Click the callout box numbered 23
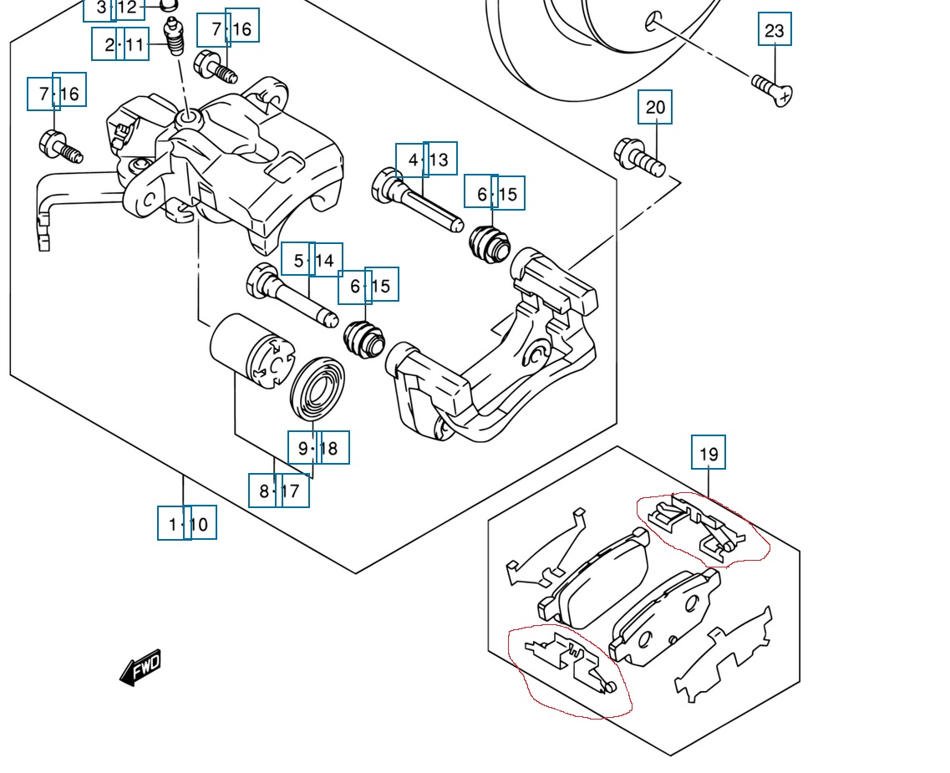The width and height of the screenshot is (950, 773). coord(775,30)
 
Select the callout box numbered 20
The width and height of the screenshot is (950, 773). coord(655,107)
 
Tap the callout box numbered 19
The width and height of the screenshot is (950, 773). coord(709,453)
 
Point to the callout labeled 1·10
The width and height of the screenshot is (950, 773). coord(187,524)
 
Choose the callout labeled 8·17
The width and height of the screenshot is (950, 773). coord(279,491)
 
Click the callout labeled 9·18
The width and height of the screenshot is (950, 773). coord(318,448)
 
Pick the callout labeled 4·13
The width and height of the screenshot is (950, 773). coord(426,159)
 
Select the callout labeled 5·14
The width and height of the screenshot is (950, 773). coord(312,261)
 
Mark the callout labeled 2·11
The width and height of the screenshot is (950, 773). coord(122,43)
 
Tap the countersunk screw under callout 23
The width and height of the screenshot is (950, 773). coord(772,89)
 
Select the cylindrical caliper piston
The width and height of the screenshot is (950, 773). coord(247,352)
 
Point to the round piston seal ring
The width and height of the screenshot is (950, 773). coord(317,389)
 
